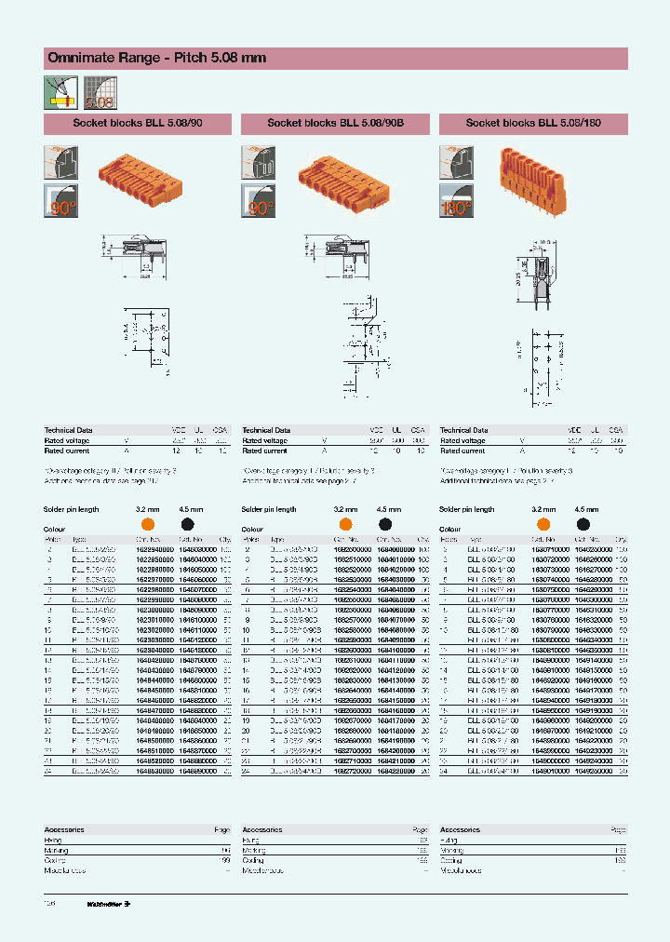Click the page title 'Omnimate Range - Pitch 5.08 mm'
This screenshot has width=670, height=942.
[x=156, y=58]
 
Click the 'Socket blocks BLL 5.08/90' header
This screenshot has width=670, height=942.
[x=137, y=123]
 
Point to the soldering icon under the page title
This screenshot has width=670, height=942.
[x=60, y=91]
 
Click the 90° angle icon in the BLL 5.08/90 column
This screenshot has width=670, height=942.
[x=60, y=203]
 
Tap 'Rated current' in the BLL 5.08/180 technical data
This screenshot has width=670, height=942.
[x=462, y=451]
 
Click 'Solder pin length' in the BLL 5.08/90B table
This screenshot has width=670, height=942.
[x=269, y=510]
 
